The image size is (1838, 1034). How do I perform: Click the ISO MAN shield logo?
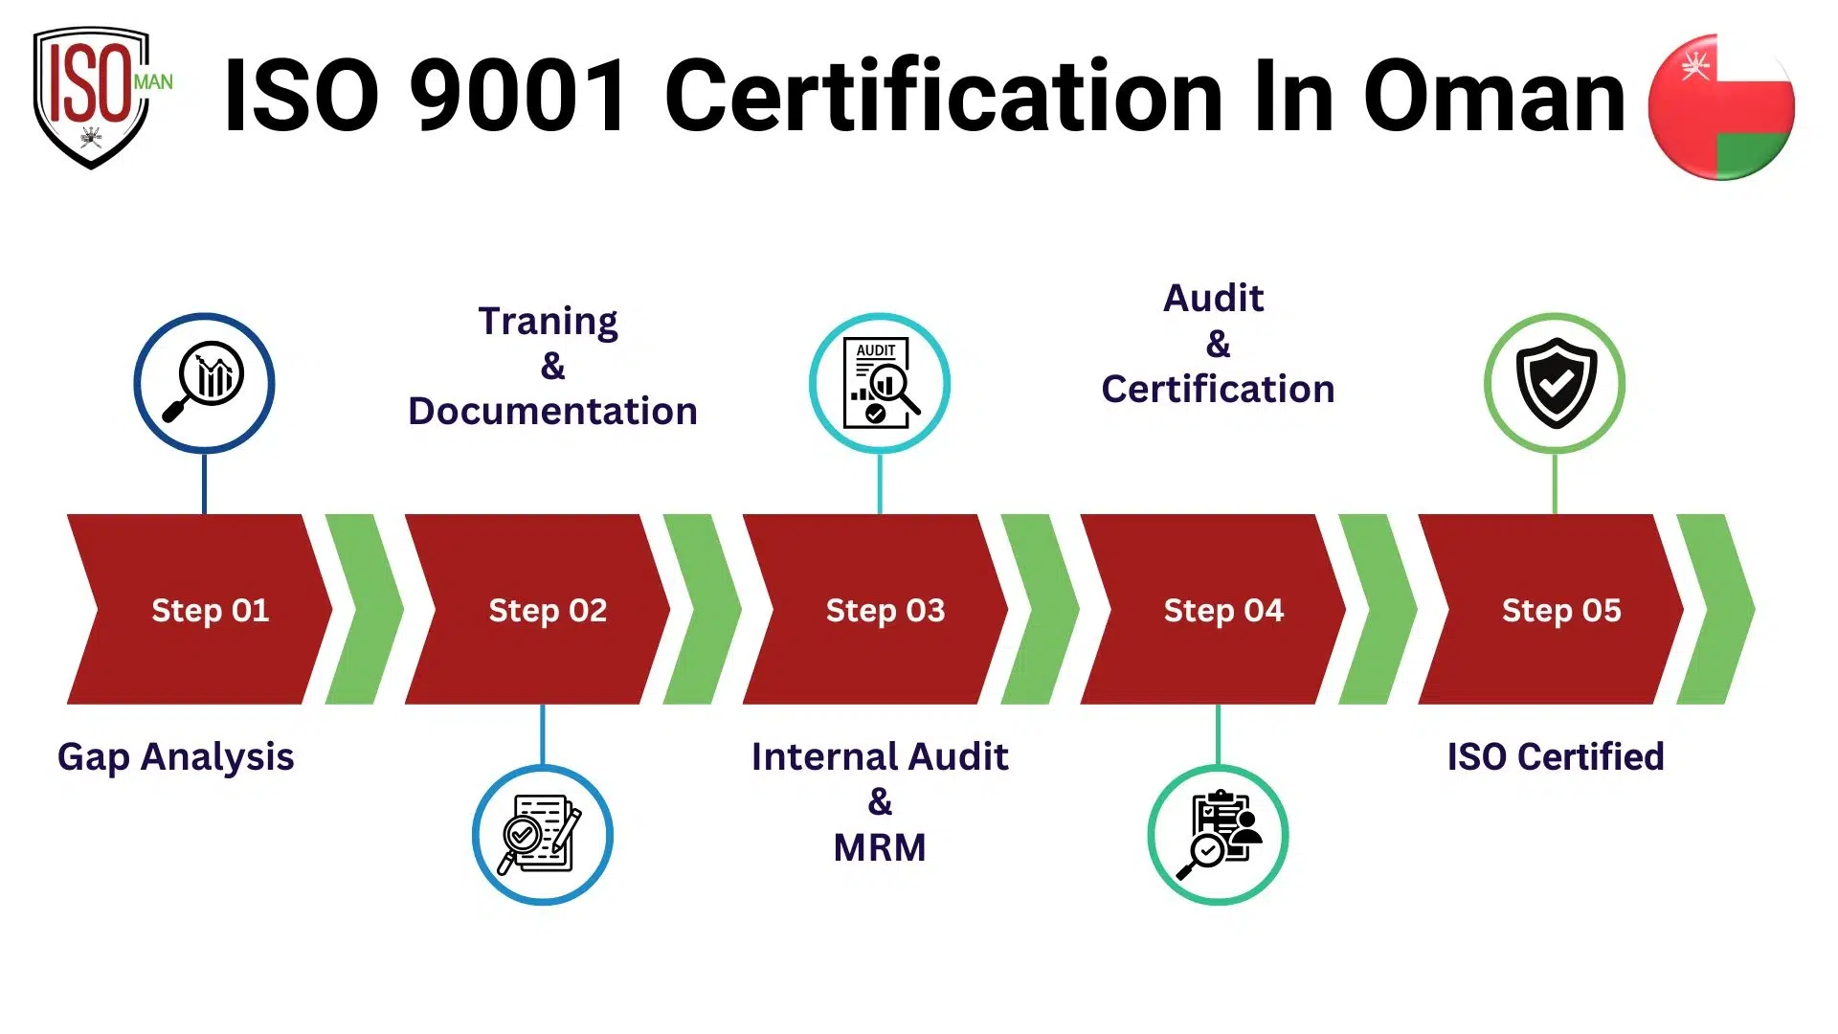click(93, 96)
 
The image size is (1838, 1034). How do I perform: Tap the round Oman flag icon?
click(1720, 106)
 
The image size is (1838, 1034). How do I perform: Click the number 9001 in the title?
click(520, 96)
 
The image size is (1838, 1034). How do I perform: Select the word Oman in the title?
click(1493, 96)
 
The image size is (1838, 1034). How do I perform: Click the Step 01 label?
click(210, 610)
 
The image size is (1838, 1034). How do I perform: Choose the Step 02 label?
click(548, 610)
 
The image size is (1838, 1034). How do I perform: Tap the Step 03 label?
click(885, 610)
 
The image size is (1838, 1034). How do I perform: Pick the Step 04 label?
click(1223, 610)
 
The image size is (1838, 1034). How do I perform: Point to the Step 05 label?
click(1561, 610)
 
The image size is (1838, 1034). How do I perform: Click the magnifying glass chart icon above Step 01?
click(204, 382)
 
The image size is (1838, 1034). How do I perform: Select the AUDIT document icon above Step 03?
click(880, 382)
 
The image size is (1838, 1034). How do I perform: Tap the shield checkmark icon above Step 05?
click(1556, 382)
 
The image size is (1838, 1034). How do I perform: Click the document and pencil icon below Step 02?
click(542, 835)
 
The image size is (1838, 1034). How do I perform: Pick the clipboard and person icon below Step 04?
click(1218, 835)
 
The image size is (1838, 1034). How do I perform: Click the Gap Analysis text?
click(175, 756)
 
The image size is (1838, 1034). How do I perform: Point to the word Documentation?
click(552, 411)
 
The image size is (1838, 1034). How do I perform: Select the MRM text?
click(880, 847)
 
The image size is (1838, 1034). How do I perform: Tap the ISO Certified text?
click(1556, 756)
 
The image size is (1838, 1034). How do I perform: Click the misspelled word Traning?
click(548, 322)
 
